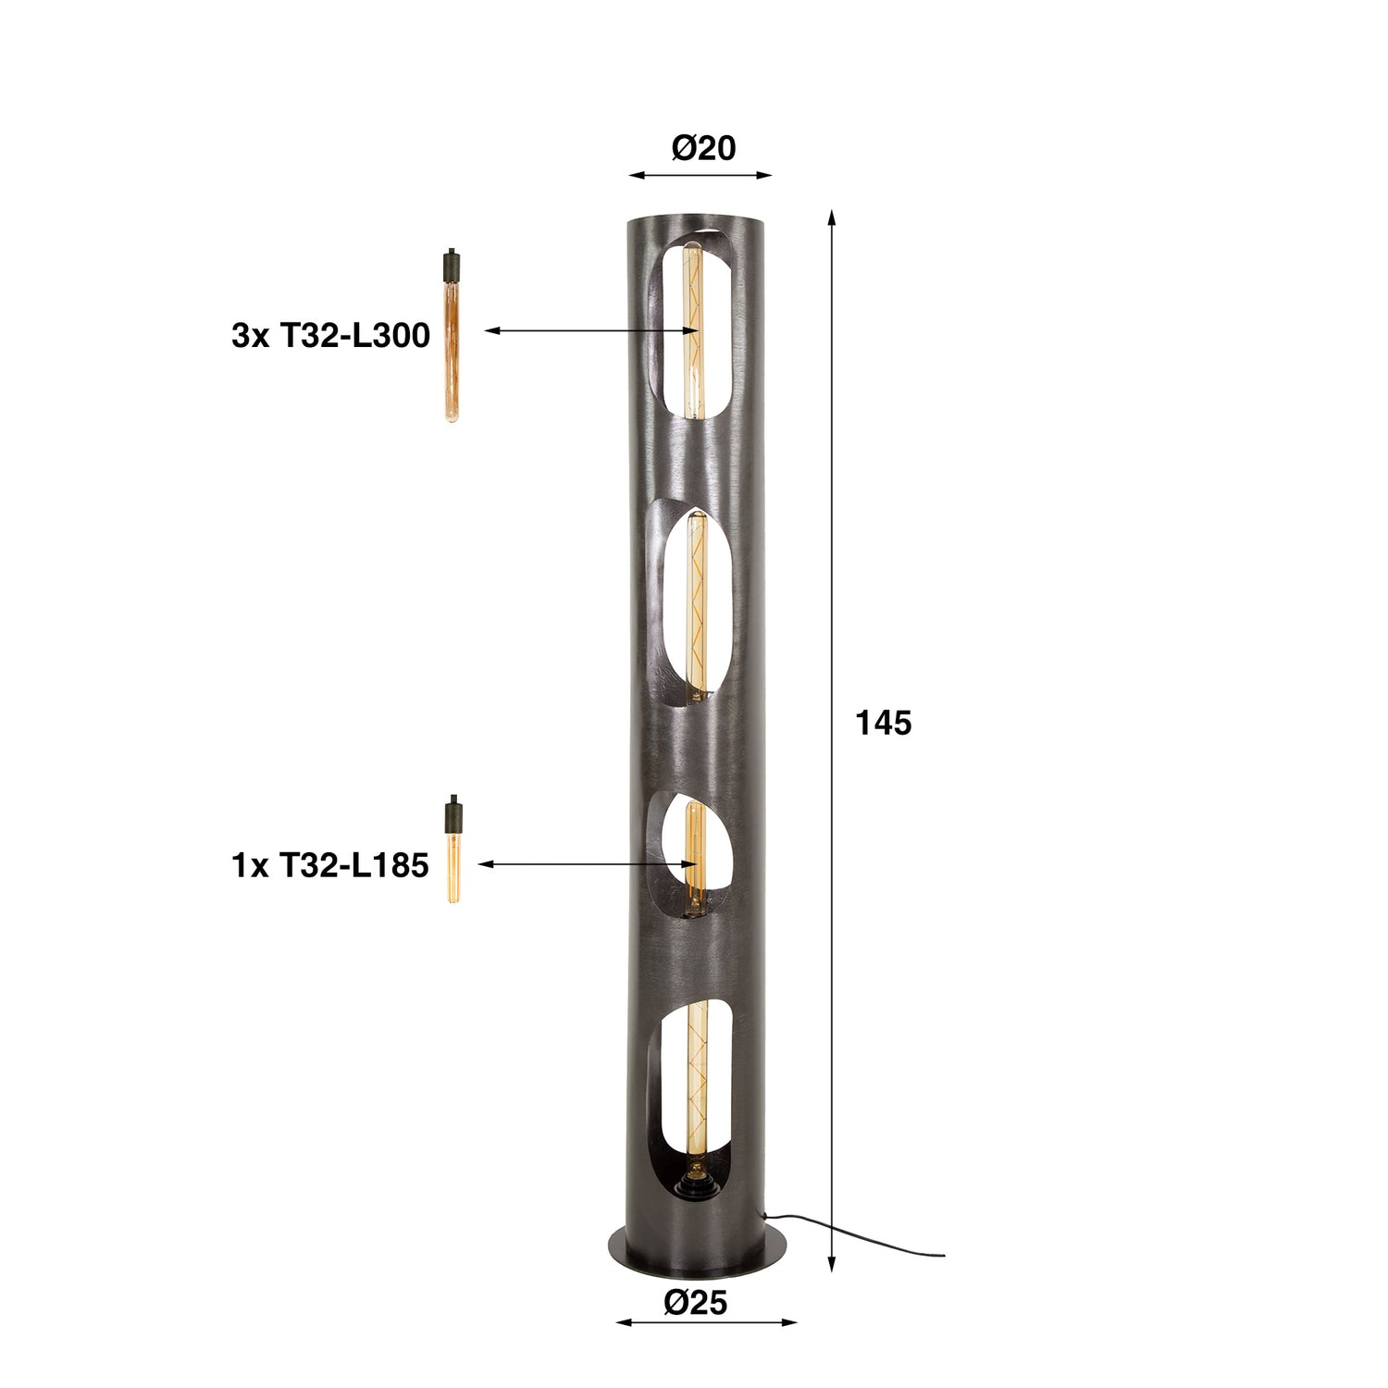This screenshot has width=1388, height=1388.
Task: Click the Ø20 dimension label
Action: pyautogui.click(x=703, y=148)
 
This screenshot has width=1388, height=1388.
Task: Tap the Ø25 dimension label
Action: pyautogui.click(x=696, y=1303)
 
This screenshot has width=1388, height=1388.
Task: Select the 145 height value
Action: pyautogui.click(x=884, y=723)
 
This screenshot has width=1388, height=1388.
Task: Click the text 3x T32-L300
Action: pyautogui.click(x=330, y=336)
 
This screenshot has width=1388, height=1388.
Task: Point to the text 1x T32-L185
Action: pyautogui.click(x=329, y=865)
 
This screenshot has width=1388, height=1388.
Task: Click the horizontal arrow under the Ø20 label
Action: pyautogui.click(x=700, y=174)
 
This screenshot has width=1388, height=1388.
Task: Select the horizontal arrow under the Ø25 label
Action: pyautogui.click(x=706, y=1322)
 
